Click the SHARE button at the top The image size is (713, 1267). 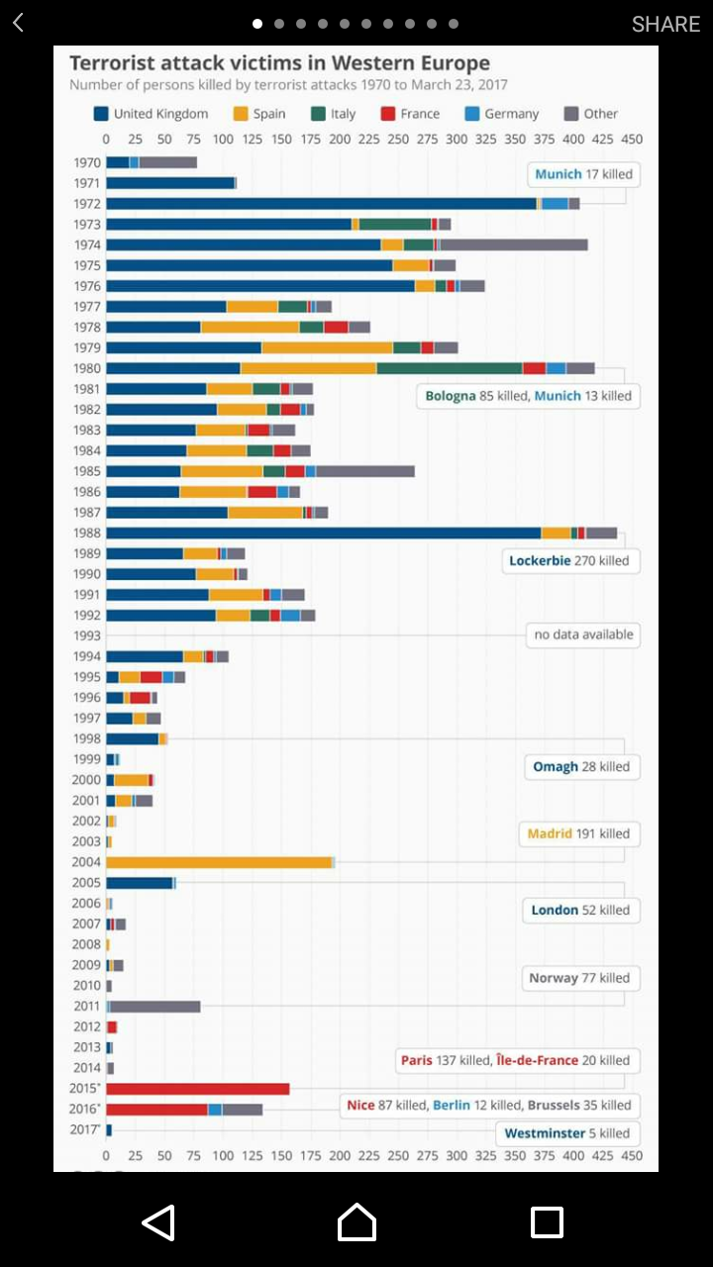665,24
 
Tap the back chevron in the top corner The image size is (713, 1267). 18,23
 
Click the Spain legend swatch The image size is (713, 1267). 241,114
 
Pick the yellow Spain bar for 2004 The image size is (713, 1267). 218,862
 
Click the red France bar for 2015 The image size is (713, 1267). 198,1089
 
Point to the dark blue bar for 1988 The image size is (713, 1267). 323,533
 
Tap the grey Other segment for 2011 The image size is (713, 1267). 155,1007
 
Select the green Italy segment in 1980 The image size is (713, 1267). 450,368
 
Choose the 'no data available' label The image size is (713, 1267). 583,634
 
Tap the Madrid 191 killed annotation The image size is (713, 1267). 578,833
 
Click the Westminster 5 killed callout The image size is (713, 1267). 566,1133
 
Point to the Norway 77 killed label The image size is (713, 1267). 579,978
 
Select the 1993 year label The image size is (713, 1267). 87,635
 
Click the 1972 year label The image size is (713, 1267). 87,204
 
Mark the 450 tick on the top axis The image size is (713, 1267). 631,140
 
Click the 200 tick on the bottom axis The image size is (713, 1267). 340,1155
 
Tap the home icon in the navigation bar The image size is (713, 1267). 356,1222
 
